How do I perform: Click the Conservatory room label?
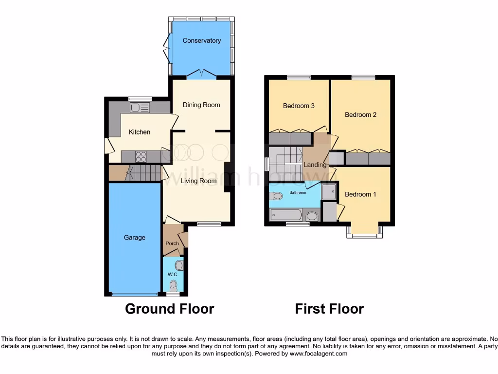(201, 40)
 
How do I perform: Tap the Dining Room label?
(201, 105)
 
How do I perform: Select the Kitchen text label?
(139, 132)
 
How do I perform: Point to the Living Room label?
(198, 181)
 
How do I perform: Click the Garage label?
(134, 238)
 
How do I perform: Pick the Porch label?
(172, 243)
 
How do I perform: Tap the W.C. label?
(173, 275)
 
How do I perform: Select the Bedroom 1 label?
(360, 194)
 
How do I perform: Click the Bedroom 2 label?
(360, 115)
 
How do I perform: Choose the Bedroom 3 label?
(299, 106)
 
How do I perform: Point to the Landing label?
(315, 165)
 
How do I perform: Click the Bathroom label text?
(298, 193)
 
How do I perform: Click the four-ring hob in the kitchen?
(141, 156)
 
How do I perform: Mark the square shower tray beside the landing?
(329, 191)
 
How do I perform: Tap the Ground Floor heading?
(169, 309)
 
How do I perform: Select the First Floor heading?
(329, 309)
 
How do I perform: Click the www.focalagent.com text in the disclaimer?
(318, 354)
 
